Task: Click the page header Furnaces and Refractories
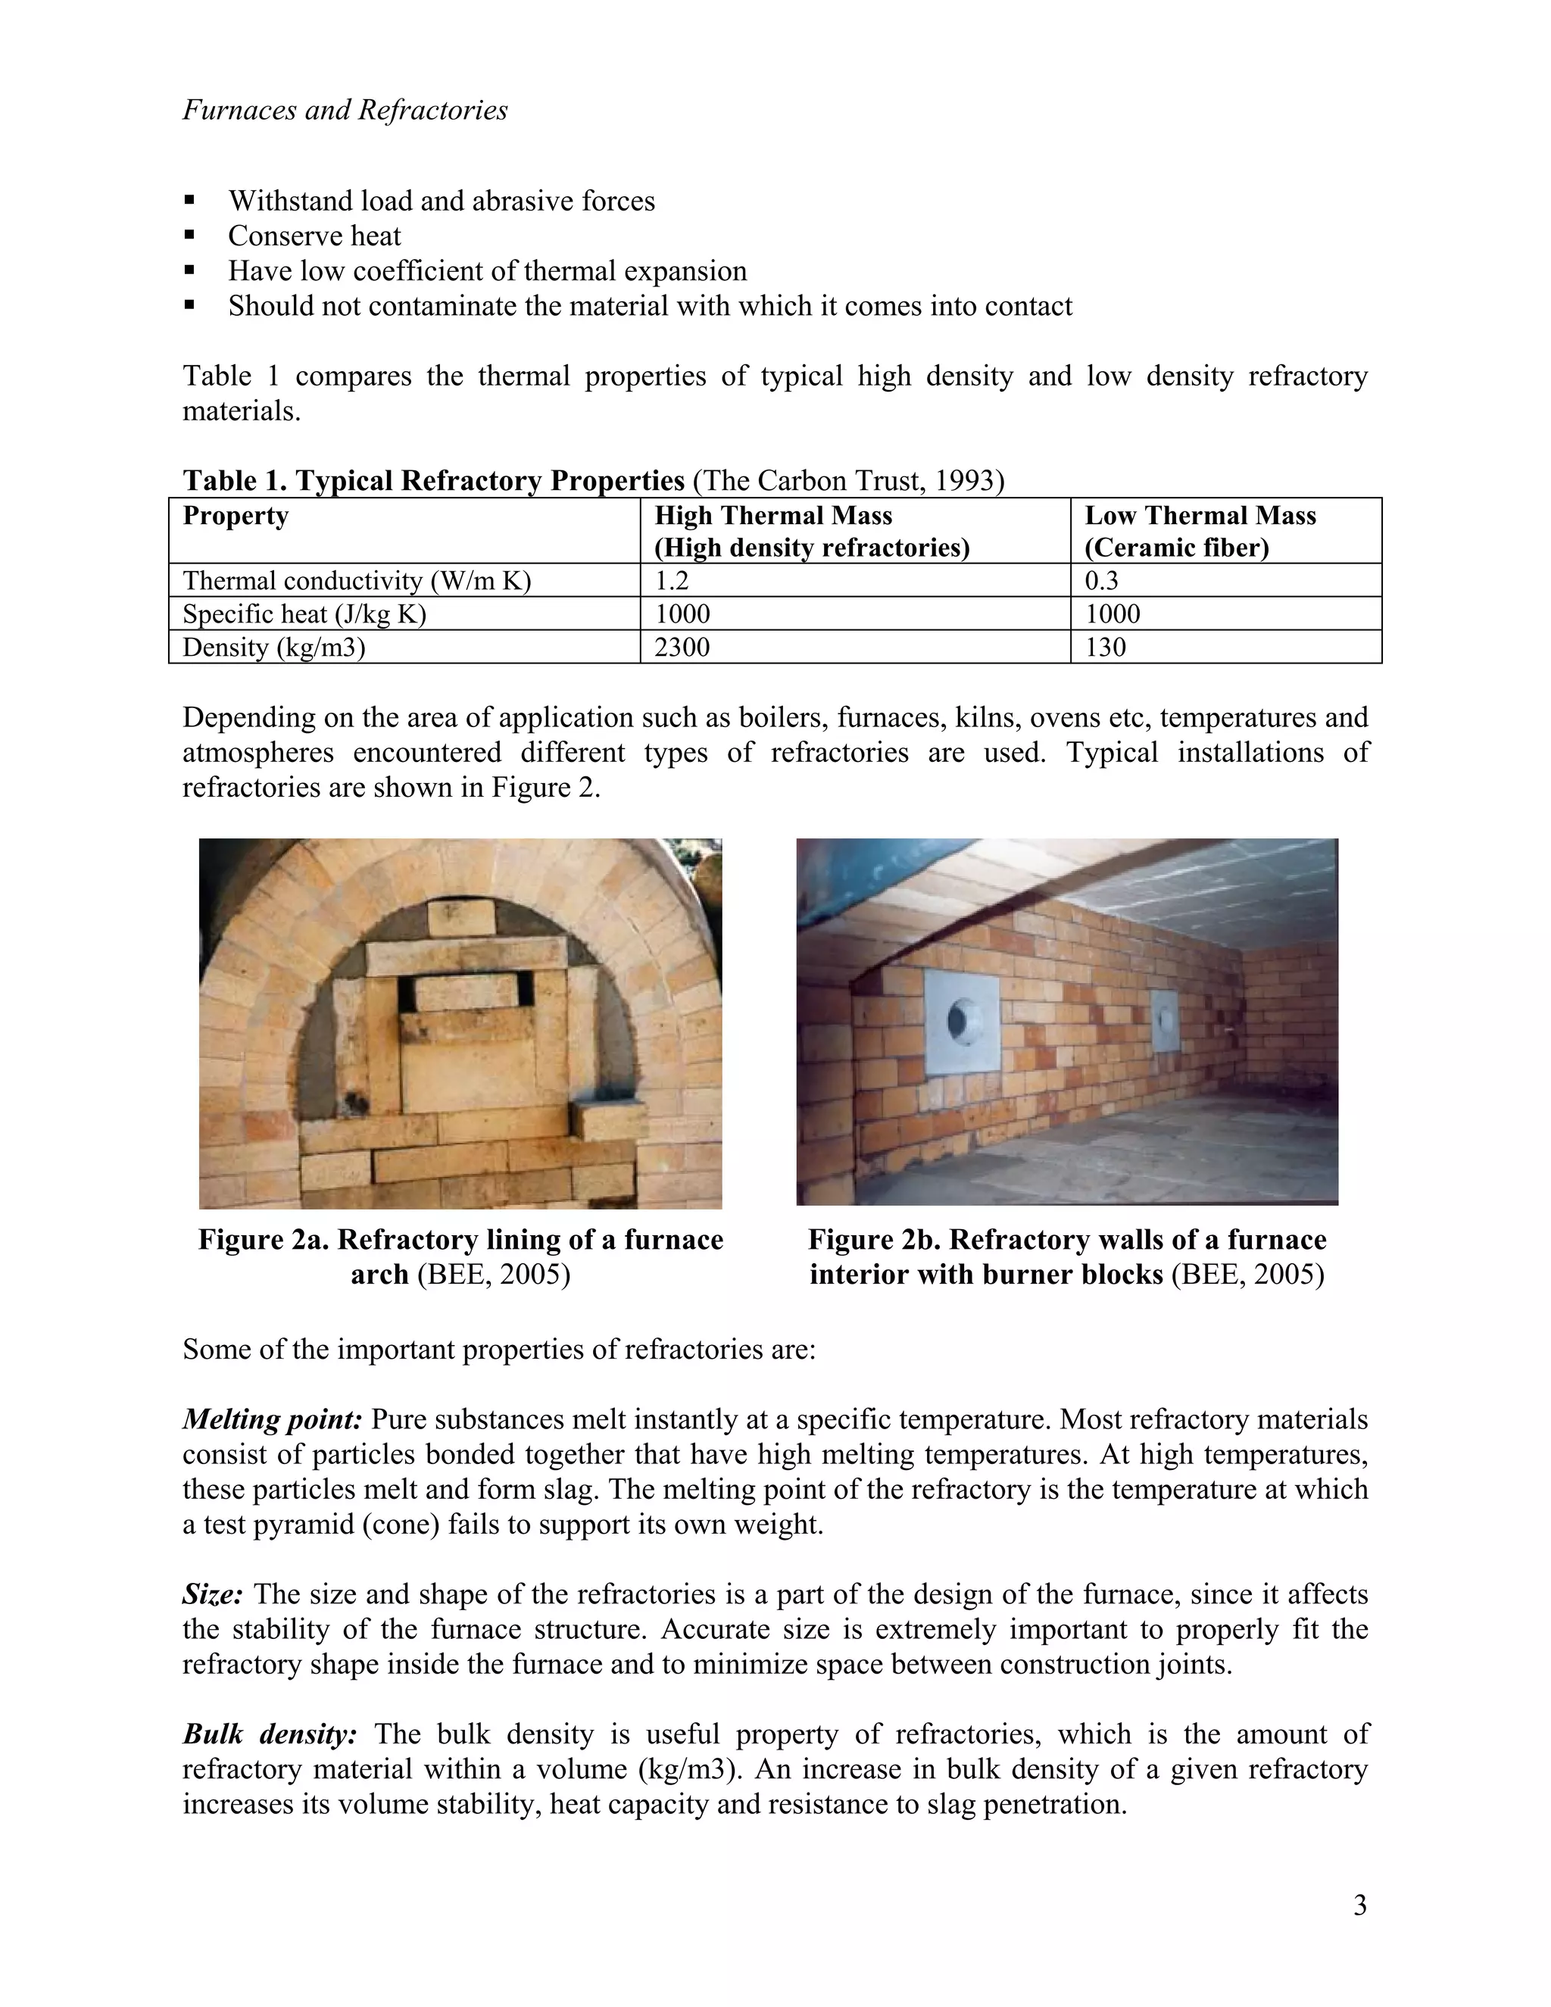[x=345, y=111]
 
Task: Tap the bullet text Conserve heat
[x=314, y=236]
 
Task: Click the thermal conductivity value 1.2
[x=671, y=581]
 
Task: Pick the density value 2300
[x=682, y=647]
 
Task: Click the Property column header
[x=236, y=516]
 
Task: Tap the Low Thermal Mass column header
[x=1200, y=516]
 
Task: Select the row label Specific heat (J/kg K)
[x=304, y=614]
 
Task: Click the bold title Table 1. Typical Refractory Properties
[x=434, y=481]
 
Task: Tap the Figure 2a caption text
[x=460, y=1257]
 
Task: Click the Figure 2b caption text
[x=1067, y=1257]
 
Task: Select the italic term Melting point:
[x=272, y=1420]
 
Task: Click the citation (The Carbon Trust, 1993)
[x=848, y=481]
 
